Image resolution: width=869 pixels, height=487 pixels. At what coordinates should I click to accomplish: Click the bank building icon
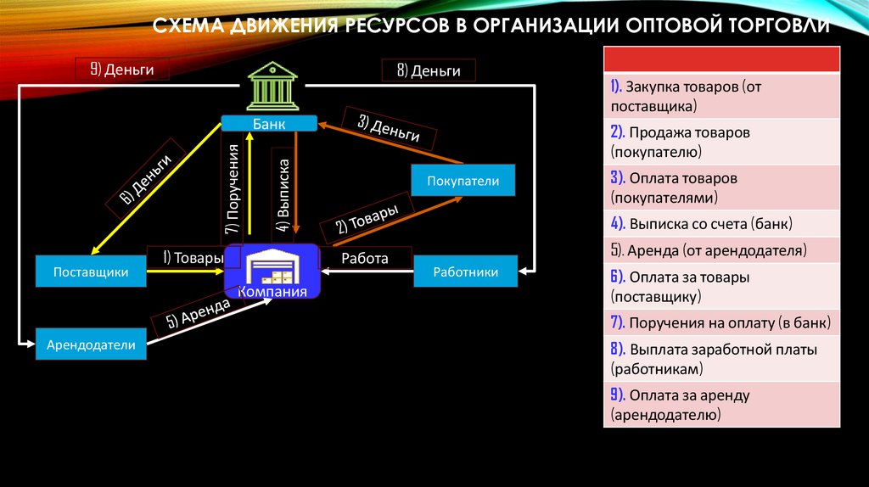point(269,88)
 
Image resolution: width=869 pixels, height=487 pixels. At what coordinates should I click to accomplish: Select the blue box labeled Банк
point(269,124)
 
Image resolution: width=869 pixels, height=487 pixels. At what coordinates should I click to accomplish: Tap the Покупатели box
point(463,181)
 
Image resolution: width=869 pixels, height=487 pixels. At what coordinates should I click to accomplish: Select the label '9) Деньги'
point(121,70)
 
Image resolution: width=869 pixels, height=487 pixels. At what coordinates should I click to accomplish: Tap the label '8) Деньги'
point(428,70)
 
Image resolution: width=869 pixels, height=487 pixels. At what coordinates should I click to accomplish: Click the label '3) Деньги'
point(389,126)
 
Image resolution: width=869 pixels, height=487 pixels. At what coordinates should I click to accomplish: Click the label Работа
point(365,258)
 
